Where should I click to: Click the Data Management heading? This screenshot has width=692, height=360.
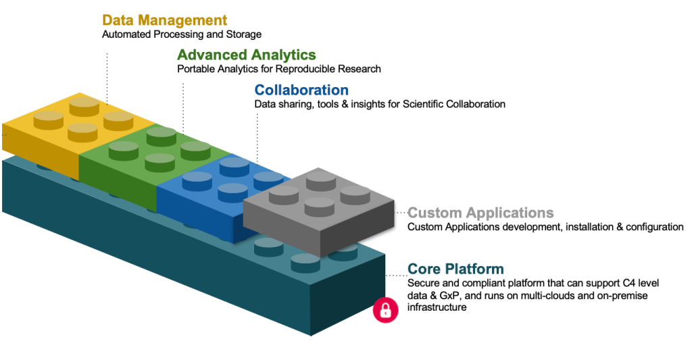pyautogui.click(x=164, y=20)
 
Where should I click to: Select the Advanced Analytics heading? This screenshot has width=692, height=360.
pyautogui.click(x=246, y=55)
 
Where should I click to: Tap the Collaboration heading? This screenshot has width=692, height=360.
pyautogui.click(x=301, y=90)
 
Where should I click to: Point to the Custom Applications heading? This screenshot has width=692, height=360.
pyautogui.click(x=480, y=213)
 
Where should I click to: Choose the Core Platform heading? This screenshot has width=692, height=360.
pyautogui.click(x=455, y=269)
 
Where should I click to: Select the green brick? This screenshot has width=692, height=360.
pyautogui.click(x=135, y=162)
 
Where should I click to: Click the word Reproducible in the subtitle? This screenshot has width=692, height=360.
pyautogui.click(x=315, y=69)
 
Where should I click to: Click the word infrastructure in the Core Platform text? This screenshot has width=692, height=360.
pyautogui.click(x=437, y=308)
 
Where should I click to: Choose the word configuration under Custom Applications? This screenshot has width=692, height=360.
pyautogui.click(x=656, y=227)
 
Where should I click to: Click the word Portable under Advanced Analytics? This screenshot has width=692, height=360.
pyautogui.click(x=195, y=69)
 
